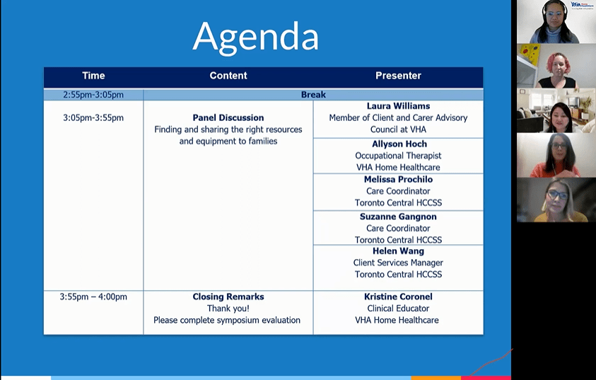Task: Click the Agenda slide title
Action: [x=255, y=38]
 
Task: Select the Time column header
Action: [x=93, y=76]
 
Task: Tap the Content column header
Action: [x=228, y=76]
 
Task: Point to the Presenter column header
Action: [x=398, y=76]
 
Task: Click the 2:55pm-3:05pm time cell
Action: [x=93, y=95]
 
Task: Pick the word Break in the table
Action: [x=313, y=95]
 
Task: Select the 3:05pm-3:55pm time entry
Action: [x=93, y=118]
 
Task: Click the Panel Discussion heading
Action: [x=228, y=118]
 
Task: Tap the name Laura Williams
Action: [x=398, y=106]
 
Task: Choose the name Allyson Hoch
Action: [x=399, y=144]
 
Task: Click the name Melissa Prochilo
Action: [x=398, y=180]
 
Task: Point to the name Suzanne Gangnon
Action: [x=398, y=217]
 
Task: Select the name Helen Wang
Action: [x=398, y=251]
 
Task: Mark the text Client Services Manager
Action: [x=398, y=263]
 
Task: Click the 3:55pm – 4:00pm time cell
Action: [x=93, y=296]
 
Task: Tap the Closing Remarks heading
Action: [x=228, y=296]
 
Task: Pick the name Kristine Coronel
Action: [x=398, y=296]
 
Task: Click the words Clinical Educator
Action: [x=398, y=309]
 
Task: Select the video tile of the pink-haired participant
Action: [x=556, y=67]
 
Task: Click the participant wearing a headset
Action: [x=556, y=22]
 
